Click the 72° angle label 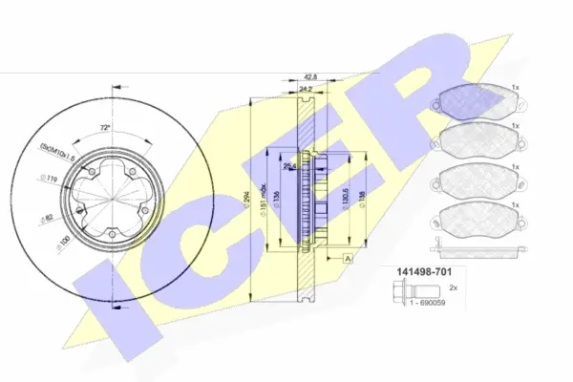104,128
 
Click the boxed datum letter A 350,259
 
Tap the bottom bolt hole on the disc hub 112,235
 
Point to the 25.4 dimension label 289,166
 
